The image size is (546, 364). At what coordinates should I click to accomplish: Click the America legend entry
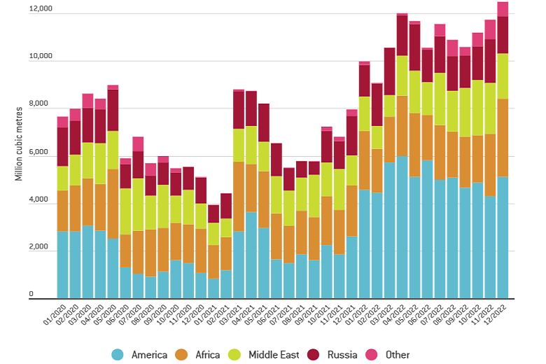[140, 355]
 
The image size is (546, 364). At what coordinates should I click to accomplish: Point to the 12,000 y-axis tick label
[40, 9]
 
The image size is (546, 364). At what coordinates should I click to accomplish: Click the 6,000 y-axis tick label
[42, 153]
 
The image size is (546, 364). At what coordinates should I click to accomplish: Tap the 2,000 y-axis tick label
[42, 248]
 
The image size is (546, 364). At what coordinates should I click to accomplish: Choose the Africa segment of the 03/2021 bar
[239, 197]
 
